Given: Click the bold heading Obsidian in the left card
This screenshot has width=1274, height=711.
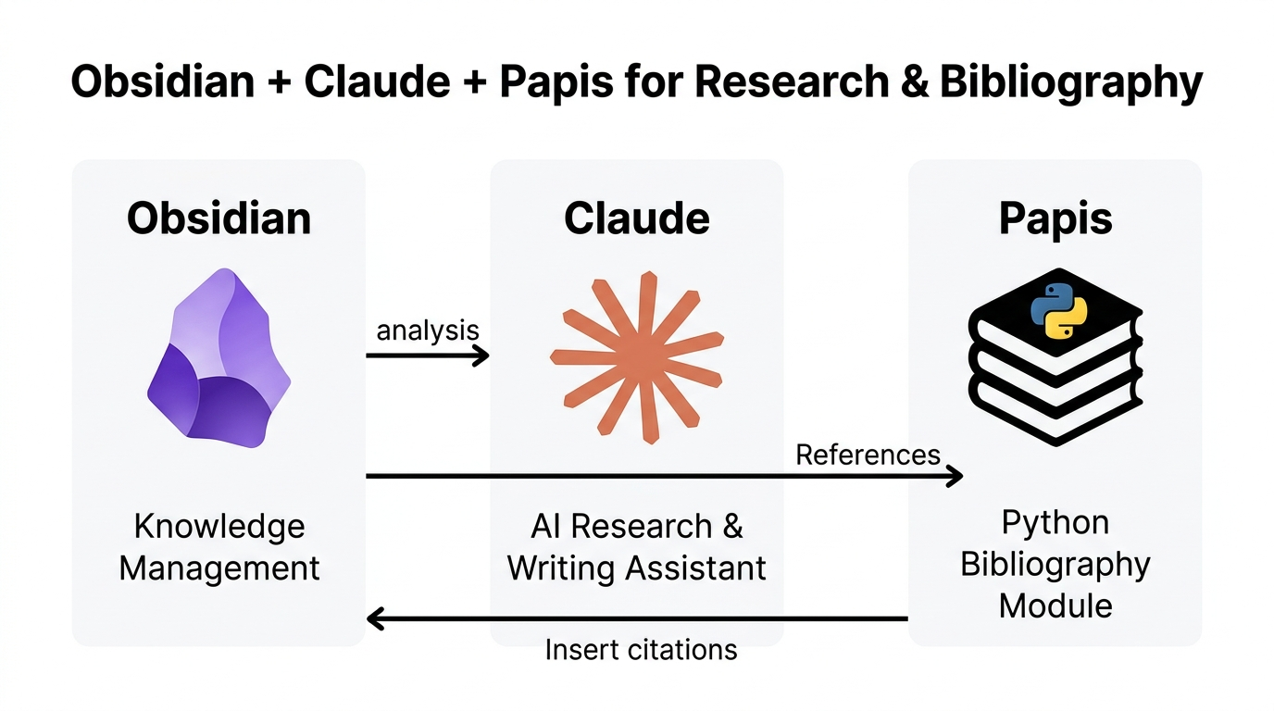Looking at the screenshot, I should point(219,218).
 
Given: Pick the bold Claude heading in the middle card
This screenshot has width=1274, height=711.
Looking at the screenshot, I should point(637,218).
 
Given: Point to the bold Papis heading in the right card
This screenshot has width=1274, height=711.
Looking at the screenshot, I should point(1055,218).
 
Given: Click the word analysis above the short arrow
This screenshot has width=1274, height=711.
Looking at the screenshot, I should point(427,330).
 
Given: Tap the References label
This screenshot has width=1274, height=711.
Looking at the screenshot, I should point(868,455).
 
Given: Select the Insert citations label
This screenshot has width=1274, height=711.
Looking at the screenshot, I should point(641,649).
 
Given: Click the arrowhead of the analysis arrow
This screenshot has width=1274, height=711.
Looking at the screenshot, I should point(481,355).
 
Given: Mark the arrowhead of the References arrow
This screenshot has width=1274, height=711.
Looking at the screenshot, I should point(955,476).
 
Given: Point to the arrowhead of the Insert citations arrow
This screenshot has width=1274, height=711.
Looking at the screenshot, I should point(376,618).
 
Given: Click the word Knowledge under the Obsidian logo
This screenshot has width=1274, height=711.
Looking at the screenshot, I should point(219,527).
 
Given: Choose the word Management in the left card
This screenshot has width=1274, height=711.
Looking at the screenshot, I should point(219,568).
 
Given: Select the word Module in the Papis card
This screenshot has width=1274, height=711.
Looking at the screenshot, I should point(1055,606).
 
